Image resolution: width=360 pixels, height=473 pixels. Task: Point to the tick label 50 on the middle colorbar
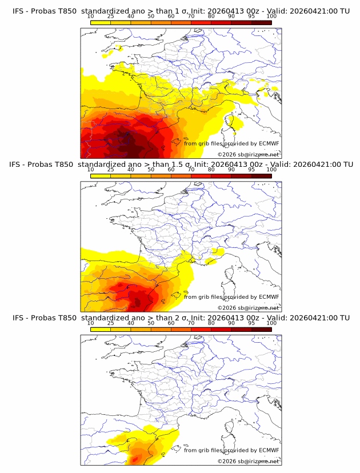point(151,170)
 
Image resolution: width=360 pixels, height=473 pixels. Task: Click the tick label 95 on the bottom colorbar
point(251,323)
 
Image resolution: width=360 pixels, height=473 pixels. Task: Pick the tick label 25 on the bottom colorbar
point(111,323)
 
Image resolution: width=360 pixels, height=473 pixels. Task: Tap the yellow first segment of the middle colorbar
point(101,175)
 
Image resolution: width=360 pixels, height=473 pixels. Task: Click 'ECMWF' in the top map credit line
point(269,143)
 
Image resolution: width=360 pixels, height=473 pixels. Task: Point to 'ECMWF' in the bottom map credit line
point(269,450)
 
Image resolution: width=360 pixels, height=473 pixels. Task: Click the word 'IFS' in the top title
point(19,10)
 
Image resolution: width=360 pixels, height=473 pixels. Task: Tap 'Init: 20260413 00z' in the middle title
point(229,164)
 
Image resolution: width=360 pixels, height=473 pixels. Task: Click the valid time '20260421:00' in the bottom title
point(317,318)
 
